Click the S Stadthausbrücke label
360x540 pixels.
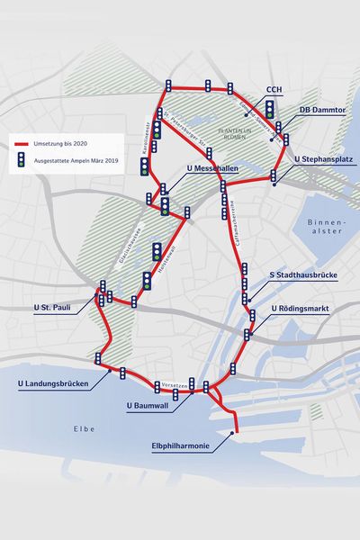[305, 275]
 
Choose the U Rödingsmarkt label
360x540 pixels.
[302, 308]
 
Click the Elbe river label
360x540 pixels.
[85, 428]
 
